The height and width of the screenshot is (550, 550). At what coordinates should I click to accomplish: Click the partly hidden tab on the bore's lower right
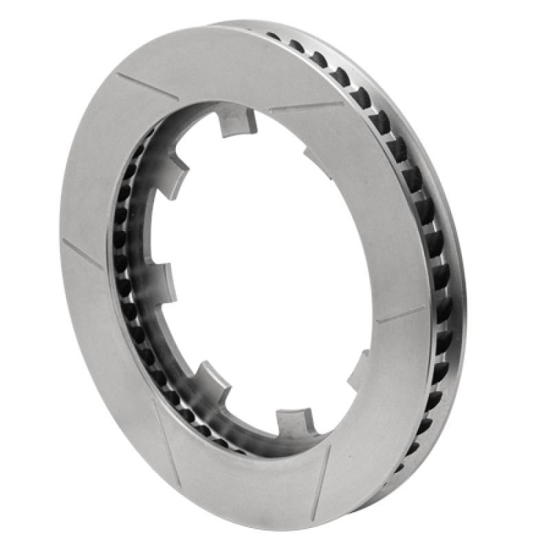pos(359,371)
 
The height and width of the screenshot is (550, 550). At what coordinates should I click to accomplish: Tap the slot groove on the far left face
pos(82,254)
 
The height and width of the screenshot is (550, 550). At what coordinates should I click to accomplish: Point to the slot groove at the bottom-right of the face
pos(321,482)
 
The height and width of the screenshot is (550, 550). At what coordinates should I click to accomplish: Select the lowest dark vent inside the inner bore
pos(237,451)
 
